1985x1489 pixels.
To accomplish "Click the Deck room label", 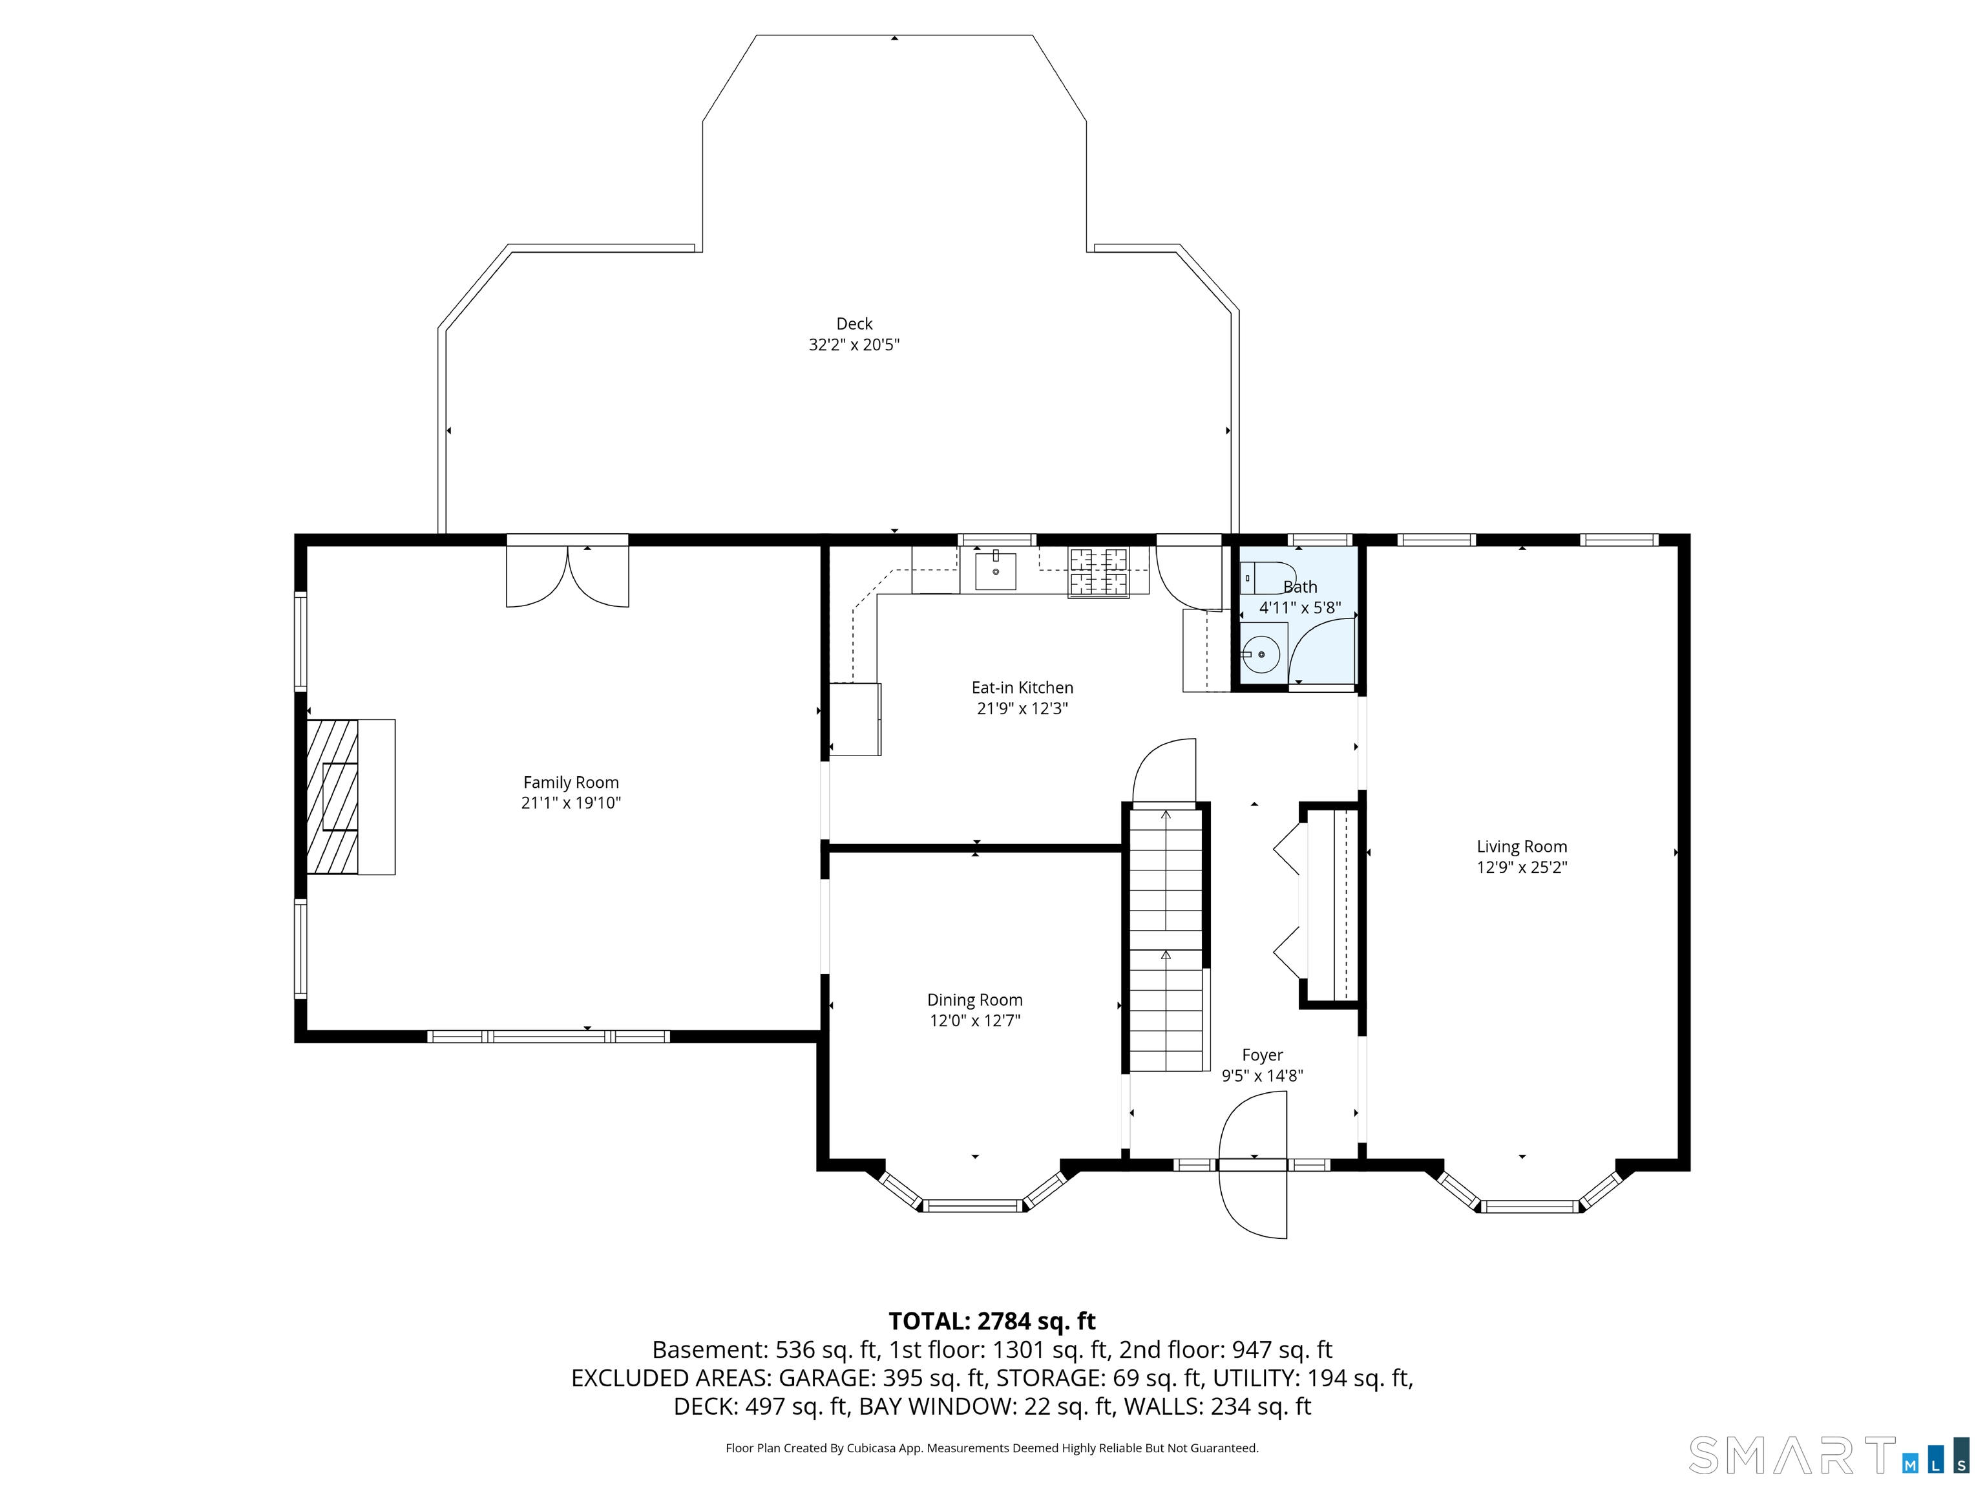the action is coord(854,323).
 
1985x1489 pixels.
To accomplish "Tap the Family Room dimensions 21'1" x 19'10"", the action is coord(571,803).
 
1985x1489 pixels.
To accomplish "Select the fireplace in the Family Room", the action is coord(351,796).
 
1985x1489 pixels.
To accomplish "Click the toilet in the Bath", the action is coord(1268,578).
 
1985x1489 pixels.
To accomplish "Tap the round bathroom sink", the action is coord(1261,654).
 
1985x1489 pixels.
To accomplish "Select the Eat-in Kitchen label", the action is coord(1022,688).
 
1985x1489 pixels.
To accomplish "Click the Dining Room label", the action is coord(974,1000).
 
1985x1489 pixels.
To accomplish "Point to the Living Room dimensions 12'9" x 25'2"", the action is coord(1522,867).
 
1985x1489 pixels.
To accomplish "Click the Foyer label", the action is coord(1263,1055).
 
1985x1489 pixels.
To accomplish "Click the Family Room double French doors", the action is coord(567,575).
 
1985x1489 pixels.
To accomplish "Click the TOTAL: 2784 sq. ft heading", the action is coord(992,1321).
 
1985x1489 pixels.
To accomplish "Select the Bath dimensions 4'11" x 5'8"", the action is coord(1299,607).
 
